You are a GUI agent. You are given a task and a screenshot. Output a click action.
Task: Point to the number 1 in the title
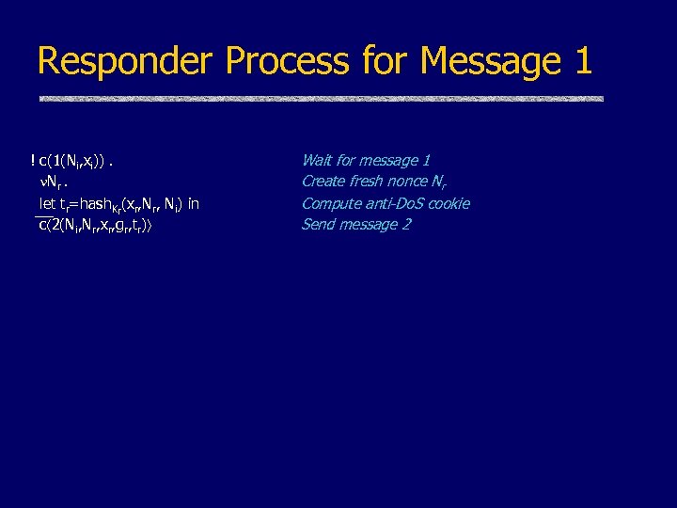click(x=581, y=61)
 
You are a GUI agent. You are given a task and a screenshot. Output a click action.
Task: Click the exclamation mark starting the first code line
click(x=34, y=161)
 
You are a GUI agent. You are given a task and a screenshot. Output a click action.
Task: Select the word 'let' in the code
click(x=46, y=203)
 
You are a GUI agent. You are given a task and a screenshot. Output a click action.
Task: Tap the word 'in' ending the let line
click(x=193, y=203)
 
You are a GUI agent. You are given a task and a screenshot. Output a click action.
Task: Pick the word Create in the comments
click(x=323, y=182)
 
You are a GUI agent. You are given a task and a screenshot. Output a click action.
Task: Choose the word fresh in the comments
click(x=369, y=182)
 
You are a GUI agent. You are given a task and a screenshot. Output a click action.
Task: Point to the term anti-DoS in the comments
click(x=395, y=203)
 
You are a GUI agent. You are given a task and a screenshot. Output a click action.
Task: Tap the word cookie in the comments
click(x=449, y=203)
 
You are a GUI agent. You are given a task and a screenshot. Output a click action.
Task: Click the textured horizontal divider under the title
click(x=320, y=98)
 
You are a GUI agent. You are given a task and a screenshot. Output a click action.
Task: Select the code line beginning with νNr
click(x=55, y=183)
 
